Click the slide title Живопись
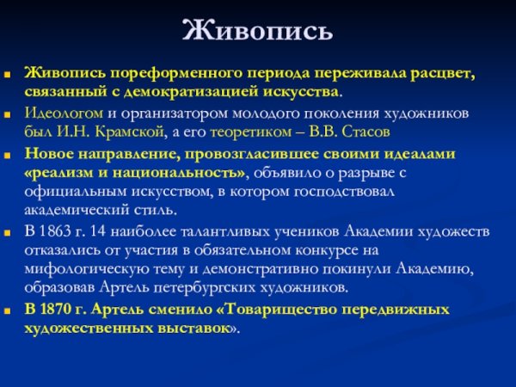pos(257,31)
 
